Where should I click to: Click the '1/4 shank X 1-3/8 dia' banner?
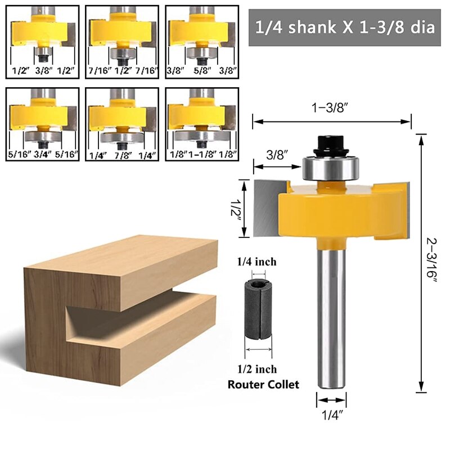point(344,28)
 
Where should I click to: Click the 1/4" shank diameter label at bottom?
point(331,416)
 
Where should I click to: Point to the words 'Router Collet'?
point(263,385)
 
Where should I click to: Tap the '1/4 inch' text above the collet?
point(256,262)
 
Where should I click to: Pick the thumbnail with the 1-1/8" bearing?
point(201,124)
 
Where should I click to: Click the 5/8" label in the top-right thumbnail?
point(201,70)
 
